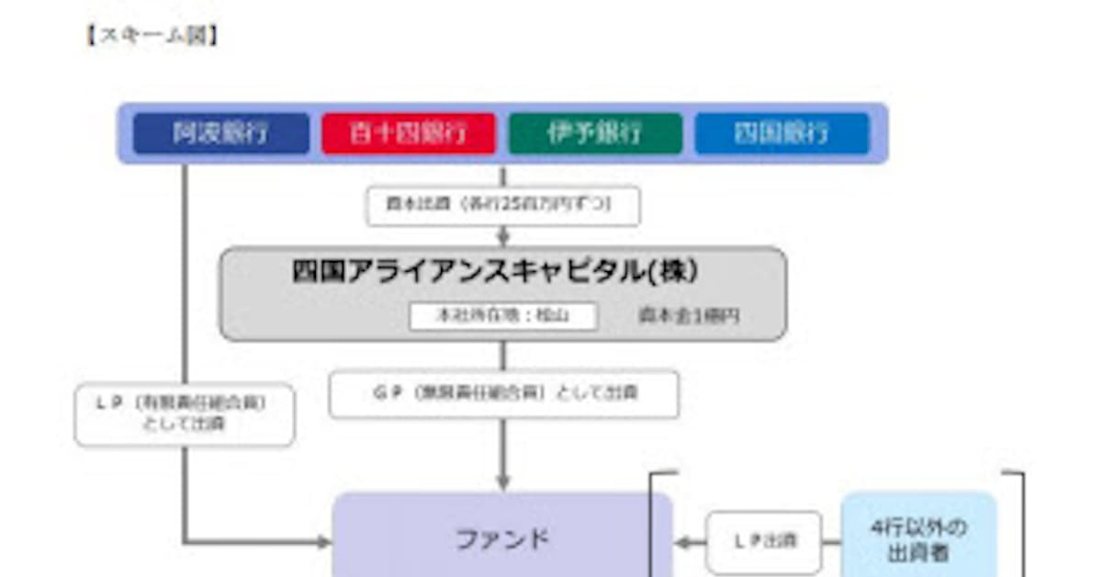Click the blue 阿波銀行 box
tap(221, 133)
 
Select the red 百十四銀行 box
tap(409, 133)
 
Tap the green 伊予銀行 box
tap(595, 133)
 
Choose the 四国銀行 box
tap(782, 133)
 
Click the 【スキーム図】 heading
tap(152, 37)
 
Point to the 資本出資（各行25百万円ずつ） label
tap(502, 206)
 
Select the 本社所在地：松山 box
tap(502, 316)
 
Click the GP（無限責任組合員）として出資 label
tap(503, 393)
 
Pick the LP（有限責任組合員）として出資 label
tap(185, 414)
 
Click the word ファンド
tap(502, 538)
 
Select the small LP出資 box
tap(763, 541)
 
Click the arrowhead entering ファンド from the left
tap(323, 542)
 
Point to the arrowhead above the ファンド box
tap(502, 482)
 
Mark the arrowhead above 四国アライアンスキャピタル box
tap(502, 239)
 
